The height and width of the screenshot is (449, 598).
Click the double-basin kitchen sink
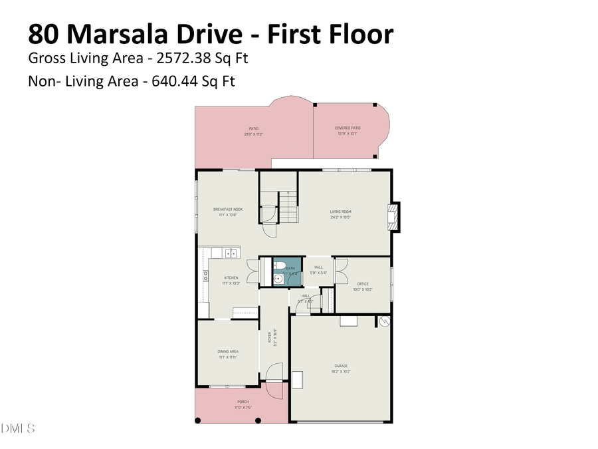pyautogui.click(x=230, y=253)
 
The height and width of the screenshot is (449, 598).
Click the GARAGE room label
pyautogui.click(x=341, y=365)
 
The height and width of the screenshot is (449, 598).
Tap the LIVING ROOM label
pyautogui.click(x=340, y=212)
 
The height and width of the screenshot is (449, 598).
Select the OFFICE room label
pyautogui.click(x=363, y=284)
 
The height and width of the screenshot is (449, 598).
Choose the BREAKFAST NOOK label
pyautogui.click(x=228, y=210)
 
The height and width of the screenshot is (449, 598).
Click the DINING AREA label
pyautogui.click(x=228, y=351)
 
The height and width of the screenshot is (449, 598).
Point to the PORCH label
pyautogui.click(x=243, y=402)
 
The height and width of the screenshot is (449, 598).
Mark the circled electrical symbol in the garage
pyautogui.click(x=383, y=321)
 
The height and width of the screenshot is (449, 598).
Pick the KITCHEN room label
pyautogui.click(x=231, y=278)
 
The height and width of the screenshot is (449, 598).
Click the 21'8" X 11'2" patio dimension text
pyautogui.click(x=254, y=134)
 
